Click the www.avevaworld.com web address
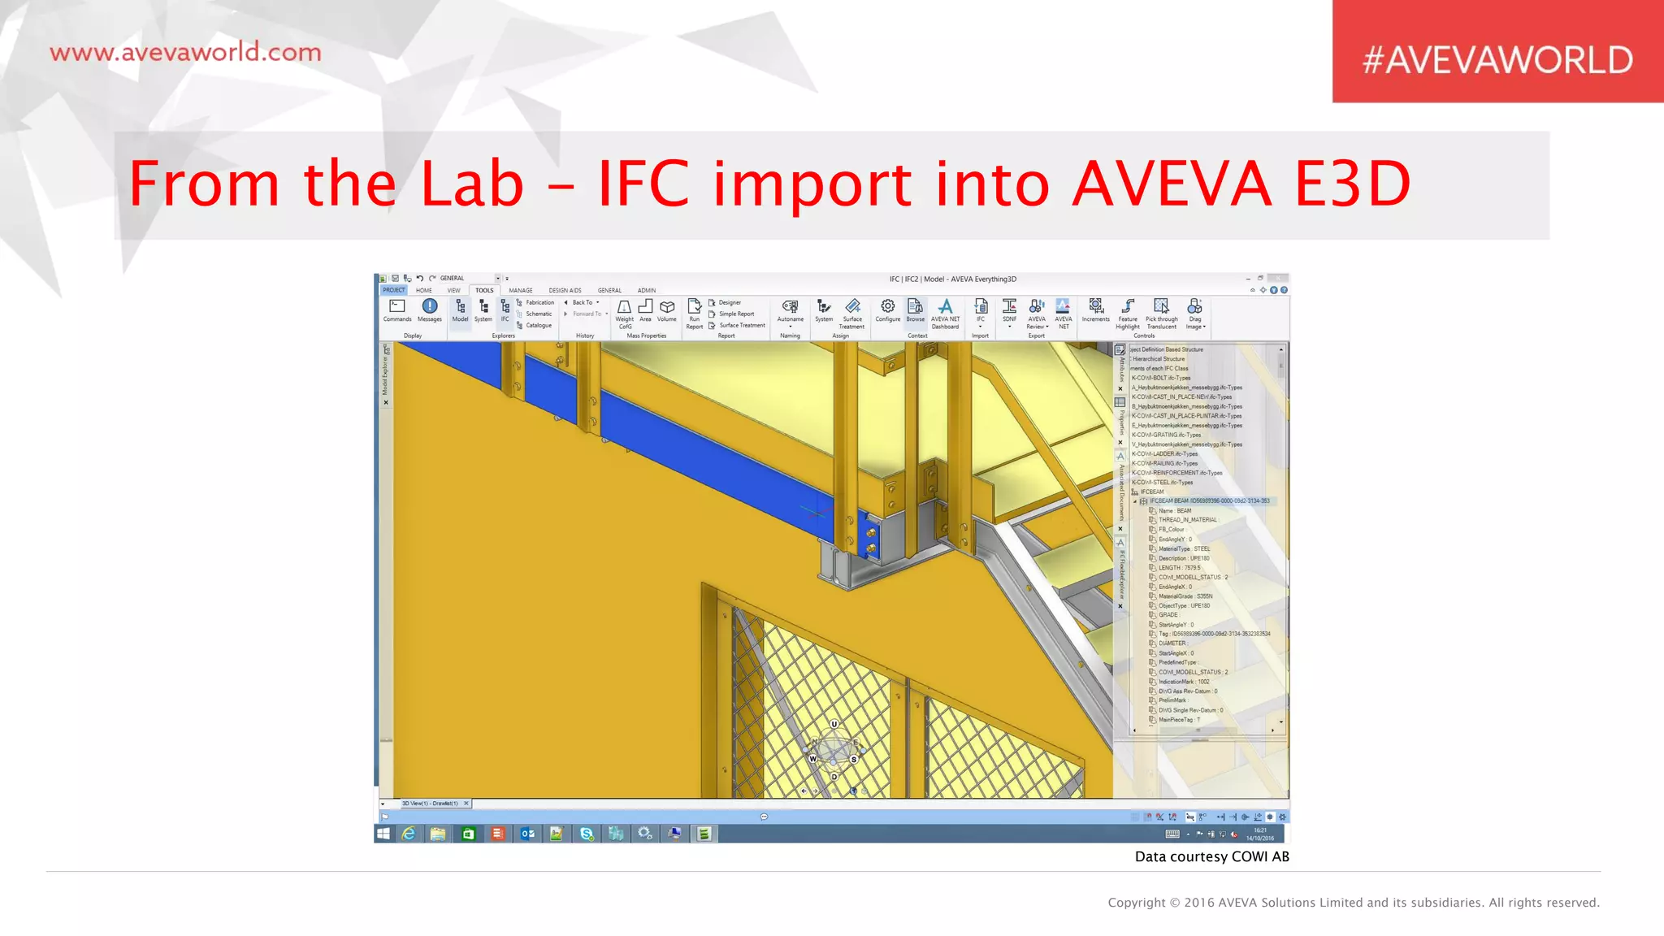185,53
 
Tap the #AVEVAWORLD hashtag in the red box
1497,60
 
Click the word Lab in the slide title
472,184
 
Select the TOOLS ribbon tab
484,290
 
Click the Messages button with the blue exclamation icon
430,310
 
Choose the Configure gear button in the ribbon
887,310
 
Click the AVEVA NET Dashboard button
945,311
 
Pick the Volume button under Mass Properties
667,310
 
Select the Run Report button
694,311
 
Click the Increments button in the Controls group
1095,310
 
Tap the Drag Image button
1194,311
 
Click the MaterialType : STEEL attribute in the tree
1184,549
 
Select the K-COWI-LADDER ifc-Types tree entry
1164,454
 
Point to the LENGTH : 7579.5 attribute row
1179,568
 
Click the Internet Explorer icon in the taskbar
409,834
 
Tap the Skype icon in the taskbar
586,834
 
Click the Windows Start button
383,834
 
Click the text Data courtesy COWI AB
1211,856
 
